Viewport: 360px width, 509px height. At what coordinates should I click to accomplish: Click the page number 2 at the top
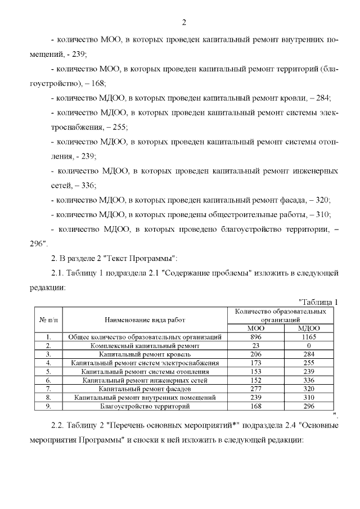coord(184,22)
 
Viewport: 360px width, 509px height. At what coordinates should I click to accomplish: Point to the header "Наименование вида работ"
coord(144,319)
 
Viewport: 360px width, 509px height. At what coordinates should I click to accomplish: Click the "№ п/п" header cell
coord(49,319)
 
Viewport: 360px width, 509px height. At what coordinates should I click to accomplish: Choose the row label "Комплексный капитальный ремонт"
coord(145,345)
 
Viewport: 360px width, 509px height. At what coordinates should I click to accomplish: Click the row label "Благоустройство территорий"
coord(145,406)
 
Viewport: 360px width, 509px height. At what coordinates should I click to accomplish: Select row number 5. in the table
coord(49,372)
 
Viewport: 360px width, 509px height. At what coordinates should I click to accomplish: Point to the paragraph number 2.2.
coord(58,425)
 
